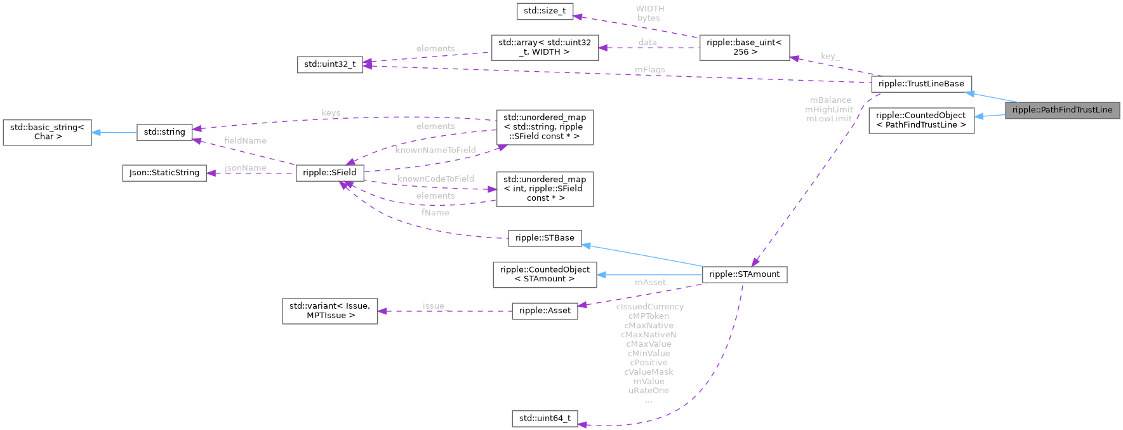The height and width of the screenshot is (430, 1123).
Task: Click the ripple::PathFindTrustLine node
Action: (1062, 110)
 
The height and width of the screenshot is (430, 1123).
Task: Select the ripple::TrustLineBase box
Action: (920, 84)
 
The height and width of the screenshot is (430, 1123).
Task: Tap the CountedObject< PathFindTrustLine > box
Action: (920, 120)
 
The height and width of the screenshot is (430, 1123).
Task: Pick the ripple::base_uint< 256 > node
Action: (744, 48)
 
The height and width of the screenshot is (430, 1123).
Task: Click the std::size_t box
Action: (545, 11)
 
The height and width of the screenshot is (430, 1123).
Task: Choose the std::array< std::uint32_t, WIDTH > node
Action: (544, 48)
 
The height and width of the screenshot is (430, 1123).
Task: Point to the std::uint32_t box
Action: (329, 64)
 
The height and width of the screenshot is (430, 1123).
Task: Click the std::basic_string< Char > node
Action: (47, 132)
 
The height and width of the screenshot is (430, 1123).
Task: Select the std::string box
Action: (164, 132)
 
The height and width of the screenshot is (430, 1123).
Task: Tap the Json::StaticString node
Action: (164, 173)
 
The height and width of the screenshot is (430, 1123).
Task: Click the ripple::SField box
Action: (329, 172)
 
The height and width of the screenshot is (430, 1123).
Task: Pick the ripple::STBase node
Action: (544, 238)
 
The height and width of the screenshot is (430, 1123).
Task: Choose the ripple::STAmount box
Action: (744, 274)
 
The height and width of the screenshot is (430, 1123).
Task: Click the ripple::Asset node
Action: (545, 311)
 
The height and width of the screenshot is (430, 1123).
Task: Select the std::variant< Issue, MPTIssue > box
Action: (329, 311)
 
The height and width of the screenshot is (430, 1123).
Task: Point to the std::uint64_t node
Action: (545, 418)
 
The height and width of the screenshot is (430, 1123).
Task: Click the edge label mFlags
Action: (649, 70)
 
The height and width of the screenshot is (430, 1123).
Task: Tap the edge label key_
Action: (830, 56)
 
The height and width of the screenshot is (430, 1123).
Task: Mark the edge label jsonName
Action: (245, 168)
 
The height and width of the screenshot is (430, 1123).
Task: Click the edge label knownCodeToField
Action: (435, 179)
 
